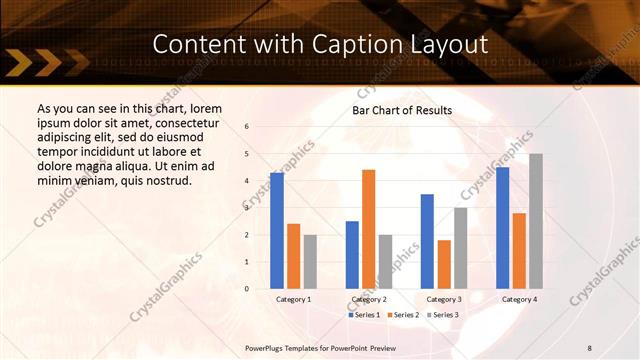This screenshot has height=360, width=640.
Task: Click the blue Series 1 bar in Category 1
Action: coord(277,231)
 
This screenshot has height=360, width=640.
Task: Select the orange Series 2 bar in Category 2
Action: coord(369,229)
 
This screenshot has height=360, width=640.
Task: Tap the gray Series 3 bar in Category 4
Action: coord(536,221)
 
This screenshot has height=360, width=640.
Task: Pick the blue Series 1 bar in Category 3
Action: coord(427,241)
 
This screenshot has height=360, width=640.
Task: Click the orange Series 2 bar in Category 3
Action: coord(444,264)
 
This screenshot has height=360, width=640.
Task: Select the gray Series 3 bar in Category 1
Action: coord(310,261)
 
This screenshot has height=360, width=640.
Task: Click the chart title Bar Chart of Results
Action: coord(402,111)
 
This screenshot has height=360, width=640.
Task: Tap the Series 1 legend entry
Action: coord(364,315)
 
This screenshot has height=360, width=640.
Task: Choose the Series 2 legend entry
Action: coord(402,315)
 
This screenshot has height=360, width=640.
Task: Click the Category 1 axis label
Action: coord(294,299)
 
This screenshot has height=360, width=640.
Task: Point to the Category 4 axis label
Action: coord(519,299)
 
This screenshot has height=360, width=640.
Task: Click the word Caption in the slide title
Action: coord(363,44)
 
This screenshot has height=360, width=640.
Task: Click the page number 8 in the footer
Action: coord(589,347)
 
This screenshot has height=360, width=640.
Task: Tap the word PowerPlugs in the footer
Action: coord(266,347)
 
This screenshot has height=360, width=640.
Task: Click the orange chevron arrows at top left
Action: coord(48,66)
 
